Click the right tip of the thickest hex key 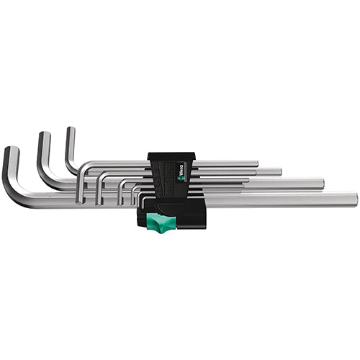[x=355, y=199]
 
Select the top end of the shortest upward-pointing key [x=70, y=130]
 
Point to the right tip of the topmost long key [x=256, y=163]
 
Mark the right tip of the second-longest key [x=323, y=183]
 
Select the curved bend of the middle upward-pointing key [x=47, y=177]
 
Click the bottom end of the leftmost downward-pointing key [x=82, y=197]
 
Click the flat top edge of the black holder [x=173, y=153]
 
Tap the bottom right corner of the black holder [x=206, y=226]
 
